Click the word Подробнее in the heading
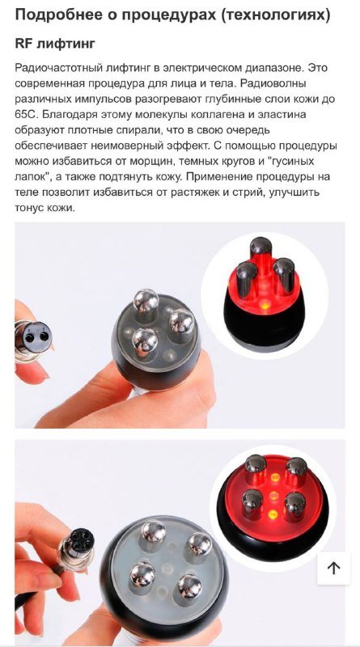(x=54, y=15)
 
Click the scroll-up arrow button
(x=333, y=568)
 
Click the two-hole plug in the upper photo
(x=34, y=334)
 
